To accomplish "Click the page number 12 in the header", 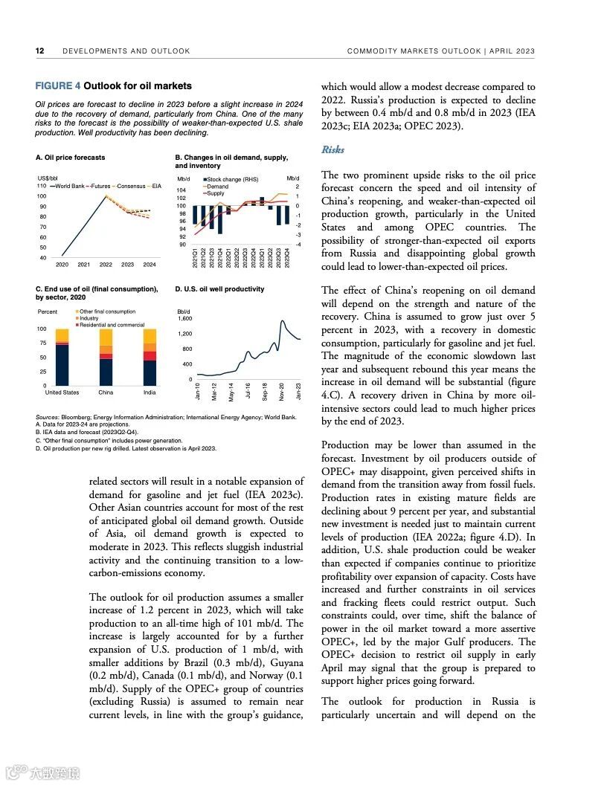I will (40, 51).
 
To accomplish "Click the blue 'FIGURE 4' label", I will (58, 86).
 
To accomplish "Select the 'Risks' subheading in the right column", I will (333, 150).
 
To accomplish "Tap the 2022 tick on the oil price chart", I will (106, 265).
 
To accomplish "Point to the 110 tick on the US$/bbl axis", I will (42, 186).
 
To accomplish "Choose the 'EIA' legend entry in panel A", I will (157, 186).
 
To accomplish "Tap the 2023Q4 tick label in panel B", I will (287, 258).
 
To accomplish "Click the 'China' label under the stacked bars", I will (106, 392).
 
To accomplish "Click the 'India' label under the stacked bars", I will (150, 392).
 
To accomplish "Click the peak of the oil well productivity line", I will (283, 321).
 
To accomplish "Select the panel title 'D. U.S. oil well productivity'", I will (219, 289).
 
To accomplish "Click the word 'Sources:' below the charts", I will (48, 418).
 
